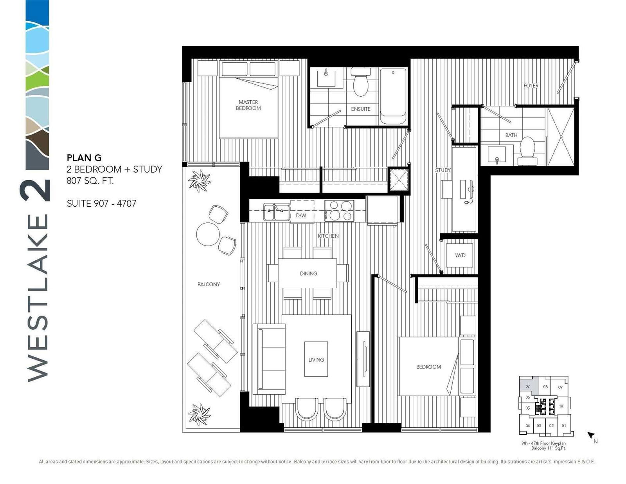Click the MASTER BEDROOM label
click(x=248, y=105)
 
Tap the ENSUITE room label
click(x=360, y=109)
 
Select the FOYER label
click(x=531, y=86)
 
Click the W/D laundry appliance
click(x=460, y=255)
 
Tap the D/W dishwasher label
click(x=301, y=216)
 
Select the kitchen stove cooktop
click(x=339, y=211)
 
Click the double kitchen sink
click(x=276, y=212)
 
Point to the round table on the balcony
click(x=208, y=234)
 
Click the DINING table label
click(x=308, y=273)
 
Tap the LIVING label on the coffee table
click(x=316, y=360)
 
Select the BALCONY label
click(x=209, y=284)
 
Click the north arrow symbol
click(x=591, y=435)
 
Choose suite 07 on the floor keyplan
click(x=527, y=386)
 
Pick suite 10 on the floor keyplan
click(x=561, y=406)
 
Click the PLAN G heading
click(x=84, y=158)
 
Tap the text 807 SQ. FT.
click(x=90, y=181)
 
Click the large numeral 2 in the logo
click(x=35, y=190)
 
